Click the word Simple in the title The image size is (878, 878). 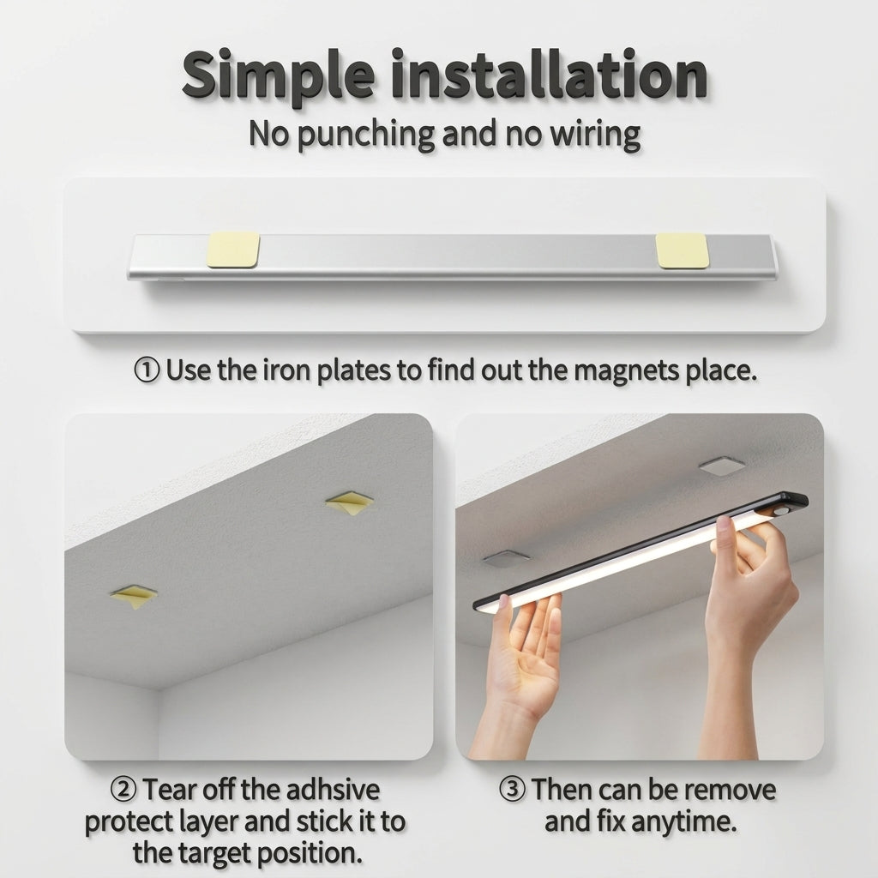(x=278, y=76)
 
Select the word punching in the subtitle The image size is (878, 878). (x=366, y=135)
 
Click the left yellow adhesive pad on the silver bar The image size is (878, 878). (x=233, y=250)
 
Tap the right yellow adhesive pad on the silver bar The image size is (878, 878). (x=682, y=250)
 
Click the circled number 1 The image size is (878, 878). (x=147, y=370)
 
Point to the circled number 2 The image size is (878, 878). (x=123, y=790)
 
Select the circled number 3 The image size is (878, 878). (x=512, y=790)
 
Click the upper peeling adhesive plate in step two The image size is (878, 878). (x=350, y=503)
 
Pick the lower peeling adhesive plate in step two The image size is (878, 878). (x=133, y=597)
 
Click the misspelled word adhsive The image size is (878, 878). (x=333, y=790)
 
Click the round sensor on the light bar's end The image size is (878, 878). (x=780, y=511)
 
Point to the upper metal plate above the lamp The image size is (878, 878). (x=722, y=466)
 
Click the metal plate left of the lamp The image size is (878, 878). (x=506, y=558)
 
